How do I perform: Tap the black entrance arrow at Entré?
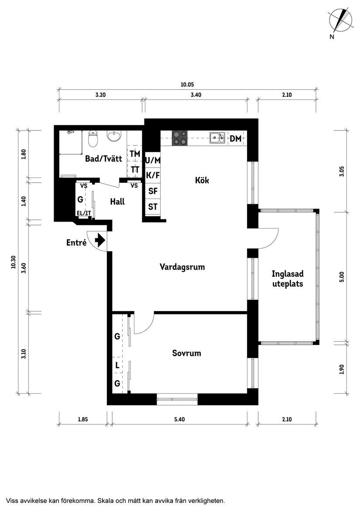(x=100, y=240)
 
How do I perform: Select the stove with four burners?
(x=180, y=138)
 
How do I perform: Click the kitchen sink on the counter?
(x=217, y=138)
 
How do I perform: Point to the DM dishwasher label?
(x=236, y=139)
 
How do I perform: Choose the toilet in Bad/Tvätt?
(x=93, y=139)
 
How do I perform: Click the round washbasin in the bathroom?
(x=114, y=137)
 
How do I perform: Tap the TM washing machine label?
(x=135, y=154)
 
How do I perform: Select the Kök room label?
(x=202, y=180)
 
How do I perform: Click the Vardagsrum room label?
(x=182, y=267)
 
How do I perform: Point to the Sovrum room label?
(x=186, y=353)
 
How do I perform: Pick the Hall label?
(x=117, y=202)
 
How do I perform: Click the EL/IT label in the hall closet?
(x=83, y=213)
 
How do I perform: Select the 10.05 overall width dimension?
(x=187, y=85)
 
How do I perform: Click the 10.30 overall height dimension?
(x=13, y=262)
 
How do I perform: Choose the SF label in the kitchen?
(x=153, y=191)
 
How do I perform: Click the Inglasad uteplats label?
(x=287, y=279)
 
